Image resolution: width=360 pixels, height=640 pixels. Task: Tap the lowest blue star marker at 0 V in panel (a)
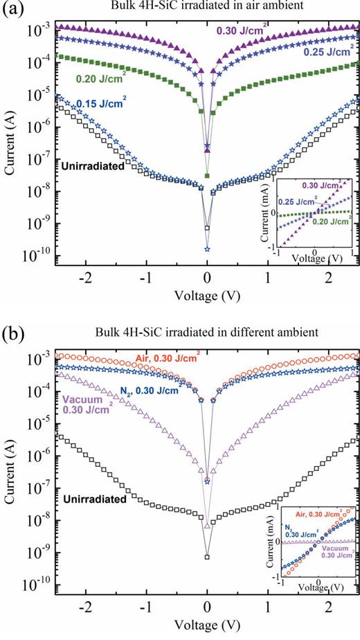coord(207,249)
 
